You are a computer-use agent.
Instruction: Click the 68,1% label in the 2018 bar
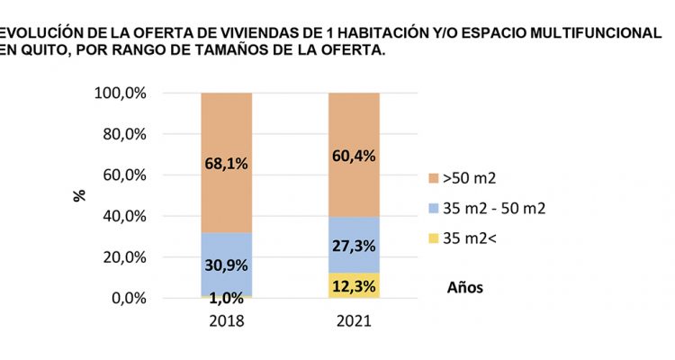click(226, 164)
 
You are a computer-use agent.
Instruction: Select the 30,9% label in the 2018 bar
click(226, 265)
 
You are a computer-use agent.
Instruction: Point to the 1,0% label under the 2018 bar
click(226, 300)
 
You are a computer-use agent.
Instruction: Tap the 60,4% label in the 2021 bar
click(354, 156)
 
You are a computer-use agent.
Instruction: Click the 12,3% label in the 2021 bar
click(354, 285)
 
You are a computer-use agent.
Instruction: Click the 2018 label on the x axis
click(226, 321)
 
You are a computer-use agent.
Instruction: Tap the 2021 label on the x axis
click(354, 321)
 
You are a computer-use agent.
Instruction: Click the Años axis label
click(465, 288)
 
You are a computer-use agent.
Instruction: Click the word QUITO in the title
click(43, 51)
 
